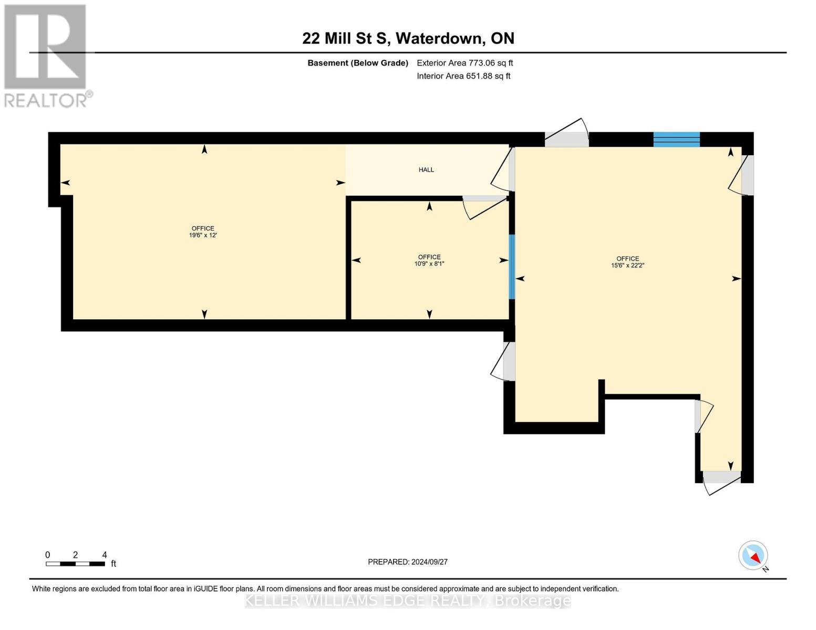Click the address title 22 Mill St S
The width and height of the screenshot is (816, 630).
(408, 38)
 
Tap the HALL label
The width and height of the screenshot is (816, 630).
(426, 170)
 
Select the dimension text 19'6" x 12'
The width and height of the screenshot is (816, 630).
(203, 236)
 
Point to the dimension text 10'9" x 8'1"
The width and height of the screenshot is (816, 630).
(429, 264)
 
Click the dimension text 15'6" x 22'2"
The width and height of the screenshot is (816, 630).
(627, 266)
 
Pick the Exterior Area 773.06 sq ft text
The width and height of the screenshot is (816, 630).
(464, 63)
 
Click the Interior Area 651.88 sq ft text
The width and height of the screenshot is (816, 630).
(463, 76)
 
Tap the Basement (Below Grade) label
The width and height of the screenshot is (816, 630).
(358, 63)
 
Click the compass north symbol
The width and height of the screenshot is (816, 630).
(753, 555)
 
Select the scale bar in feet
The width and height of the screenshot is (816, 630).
(75, 564)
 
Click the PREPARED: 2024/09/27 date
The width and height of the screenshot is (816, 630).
(408, 562)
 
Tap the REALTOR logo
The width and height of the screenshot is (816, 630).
(46, 55)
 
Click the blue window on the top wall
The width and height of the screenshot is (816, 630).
(676, 139)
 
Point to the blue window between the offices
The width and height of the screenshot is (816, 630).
(512, 267)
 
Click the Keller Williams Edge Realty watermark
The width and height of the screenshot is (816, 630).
(408, 601)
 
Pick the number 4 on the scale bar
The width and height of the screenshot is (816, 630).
(105, 555)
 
